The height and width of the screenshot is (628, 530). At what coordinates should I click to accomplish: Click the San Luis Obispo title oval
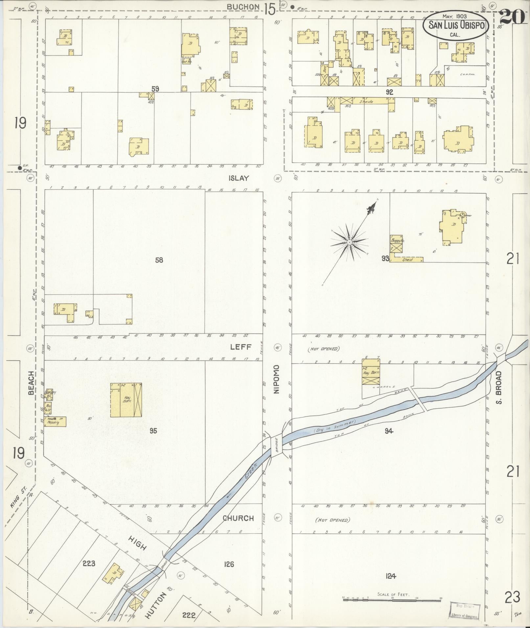(x=456, y=25)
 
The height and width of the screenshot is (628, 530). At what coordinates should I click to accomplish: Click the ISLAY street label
(x=239, y=178)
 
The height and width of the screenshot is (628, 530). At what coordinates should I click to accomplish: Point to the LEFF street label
(x=241, y=347)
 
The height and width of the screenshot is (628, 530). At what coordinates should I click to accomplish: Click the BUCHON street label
(x=244, y=7)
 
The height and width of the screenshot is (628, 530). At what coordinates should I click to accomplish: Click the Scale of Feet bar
(x=393, y=599)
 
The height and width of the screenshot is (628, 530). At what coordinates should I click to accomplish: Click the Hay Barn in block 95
(x=126, y=400)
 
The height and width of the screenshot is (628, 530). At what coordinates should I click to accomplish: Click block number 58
(x=159, y=260)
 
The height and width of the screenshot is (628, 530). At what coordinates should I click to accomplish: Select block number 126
(x=229, y=564)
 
